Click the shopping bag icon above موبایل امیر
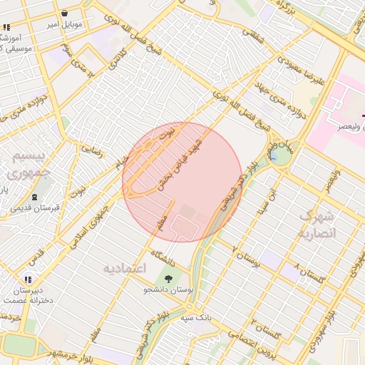pos(65,14)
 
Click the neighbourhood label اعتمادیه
pos(125,269)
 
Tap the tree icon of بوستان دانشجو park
pos(168,279)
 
